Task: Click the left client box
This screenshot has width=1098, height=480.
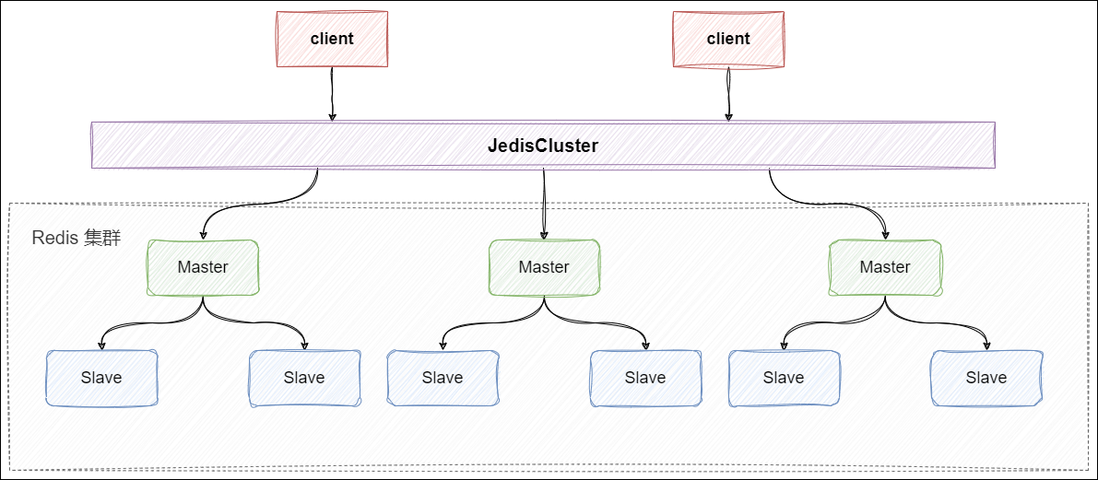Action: pos(332,39)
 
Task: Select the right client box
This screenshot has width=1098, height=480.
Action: pos(728,39)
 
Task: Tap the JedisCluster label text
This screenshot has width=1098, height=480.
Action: pos(543,146)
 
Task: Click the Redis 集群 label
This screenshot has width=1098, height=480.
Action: pos(77,239)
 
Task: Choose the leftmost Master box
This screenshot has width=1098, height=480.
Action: pos(203,267)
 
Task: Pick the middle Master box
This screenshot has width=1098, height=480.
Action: pos(544,267)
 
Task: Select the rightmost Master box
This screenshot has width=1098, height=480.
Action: pos(885,267)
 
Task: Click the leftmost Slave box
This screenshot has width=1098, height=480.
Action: pos(101,378)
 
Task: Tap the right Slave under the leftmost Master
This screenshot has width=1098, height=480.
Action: pos(304,378)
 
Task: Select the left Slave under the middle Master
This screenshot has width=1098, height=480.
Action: pos(443,378)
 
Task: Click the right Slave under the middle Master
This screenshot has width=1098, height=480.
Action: pos(645,378)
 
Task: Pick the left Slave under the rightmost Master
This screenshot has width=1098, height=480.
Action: pos(784,378)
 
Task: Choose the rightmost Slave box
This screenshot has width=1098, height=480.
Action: pos(986,378)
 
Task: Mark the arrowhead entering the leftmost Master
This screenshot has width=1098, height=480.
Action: pos(204,234)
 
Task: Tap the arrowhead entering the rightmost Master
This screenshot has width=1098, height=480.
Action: pos(886,234)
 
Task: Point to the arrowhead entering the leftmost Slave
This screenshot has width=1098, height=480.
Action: pos(101,345)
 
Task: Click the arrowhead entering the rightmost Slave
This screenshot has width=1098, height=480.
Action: pos(986,345)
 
